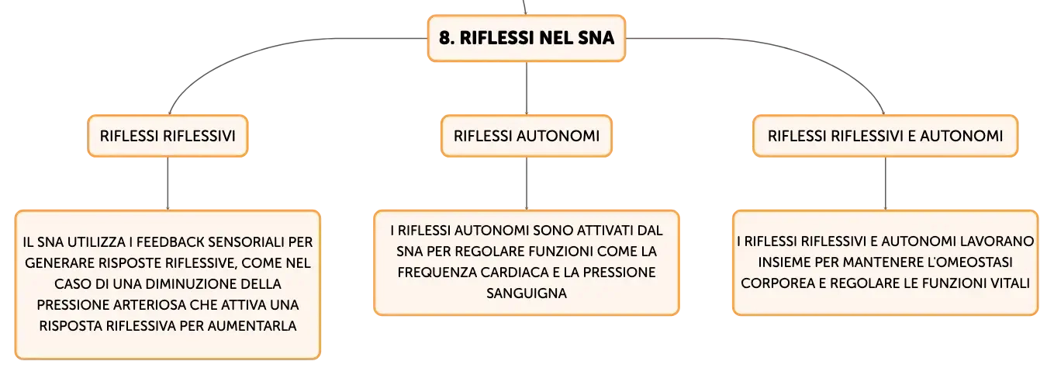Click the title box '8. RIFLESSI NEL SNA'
click(527, 38)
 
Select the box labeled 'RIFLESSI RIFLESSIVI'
click(168, 136)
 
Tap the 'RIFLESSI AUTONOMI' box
click(527, 136)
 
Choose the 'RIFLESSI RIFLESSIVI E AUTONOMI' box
click(885, 136)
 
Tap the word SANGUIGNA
click(527, 293)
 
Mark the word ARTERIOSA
click(148, 305)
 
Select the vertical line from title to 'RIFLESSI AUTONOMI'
click(527, 88)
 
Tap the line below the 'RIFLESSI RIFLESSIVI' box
click(168, 183)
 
